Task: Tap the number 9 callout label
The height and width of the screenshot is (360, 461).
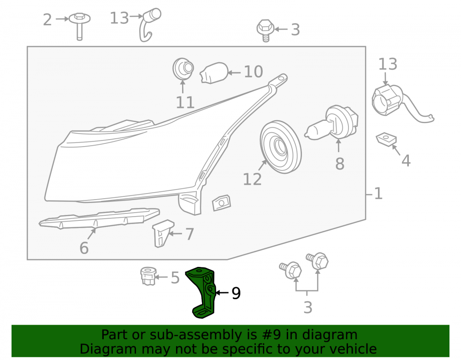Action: [236, 293]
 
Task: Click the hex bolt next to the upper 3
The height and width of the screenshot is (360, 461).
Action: [266, 30]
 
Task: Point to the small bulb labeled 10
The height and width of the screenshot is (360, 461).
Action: [214, 73]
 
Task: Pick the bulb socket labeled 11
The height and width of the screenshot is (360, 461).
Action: [183, 69]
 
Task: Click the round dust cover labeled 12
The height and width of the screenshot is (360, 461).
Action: [281, 147]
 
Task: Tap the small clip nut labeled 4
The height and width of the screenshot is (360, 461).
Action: [386, 139]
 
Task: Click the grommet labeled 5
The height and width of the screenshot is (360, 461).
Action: [148, 276]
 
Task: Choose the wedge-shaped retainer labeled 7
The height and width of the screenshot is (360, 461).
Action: [163, 233]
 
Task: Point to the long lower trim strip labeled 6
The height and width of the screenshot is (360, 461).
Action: [100, 218]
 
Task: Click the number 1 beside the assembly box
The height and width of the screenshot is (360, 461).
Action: [378, 194]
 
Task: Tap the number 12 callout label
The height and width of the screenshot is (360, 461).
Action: [252, 179]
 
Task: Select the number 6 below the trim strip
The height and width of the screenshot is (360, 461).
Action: [84, 248]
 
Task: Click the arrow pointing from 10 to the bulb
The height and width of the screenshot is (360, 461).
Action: [234, 72]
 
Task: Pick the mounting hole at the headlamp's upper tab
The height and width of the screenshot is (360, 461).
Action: [281, 78]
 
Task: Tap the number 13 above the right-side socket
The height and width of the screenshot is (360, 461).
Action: [388, 64]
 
